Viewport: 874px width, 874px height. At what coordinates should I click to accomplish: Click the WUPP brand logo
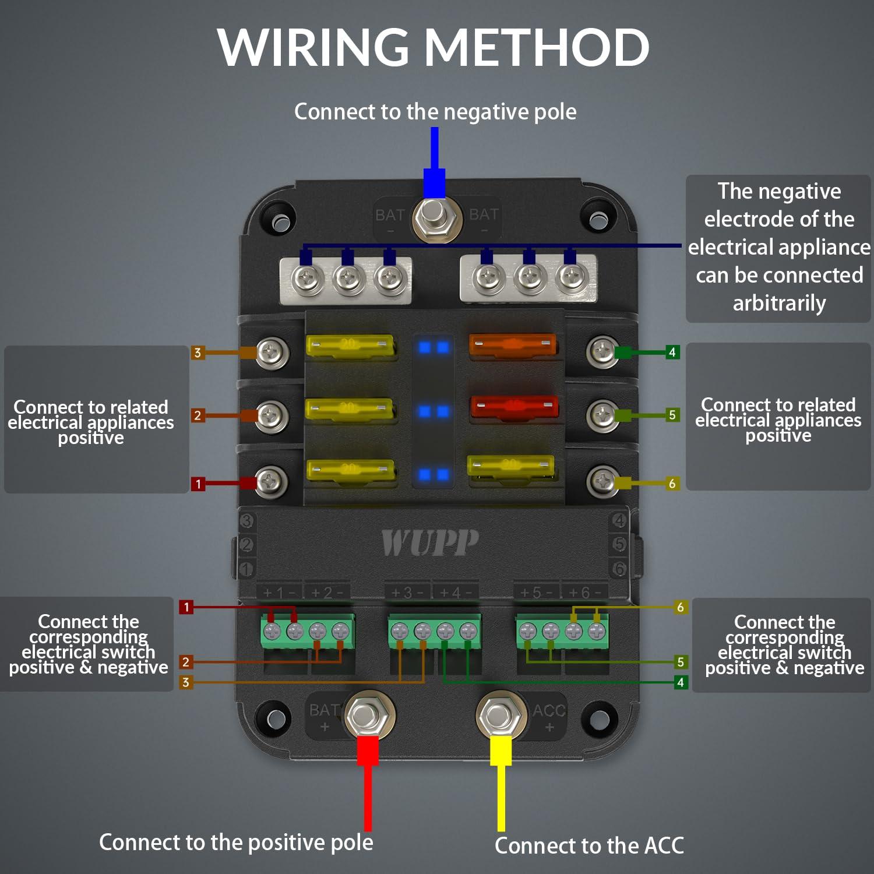pos(430,543)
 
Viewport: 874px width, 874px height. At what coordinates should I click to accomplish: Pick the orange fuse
pos(512,345)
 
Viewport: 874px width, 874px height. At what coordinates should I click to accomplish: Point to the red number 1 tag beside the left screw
pos(198,484)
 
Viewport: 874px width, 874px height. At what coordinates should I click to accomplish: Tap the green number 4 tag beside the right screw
pos(672,352)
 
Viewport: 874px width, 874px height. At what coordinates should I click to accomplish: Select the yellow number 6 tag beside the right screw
pos(672,484)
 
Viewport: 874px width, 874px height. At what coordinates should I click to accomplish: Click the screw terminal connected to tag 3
pos(272,353)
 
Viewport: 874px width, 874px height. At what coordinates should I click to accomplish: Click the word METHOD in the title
pos(536,48)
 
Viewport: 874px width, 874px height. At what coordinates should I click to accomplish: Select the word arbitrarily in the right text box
pos(779,304)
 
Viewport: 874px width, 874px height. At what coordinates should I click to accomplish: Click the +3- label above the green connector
pos(407,593)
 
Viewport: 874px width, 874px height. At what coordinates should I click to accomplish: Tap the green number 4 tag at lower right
pos(680,682)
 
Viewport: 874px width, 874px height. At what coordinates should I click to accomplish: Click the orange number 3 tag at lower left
pos(186,682)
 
